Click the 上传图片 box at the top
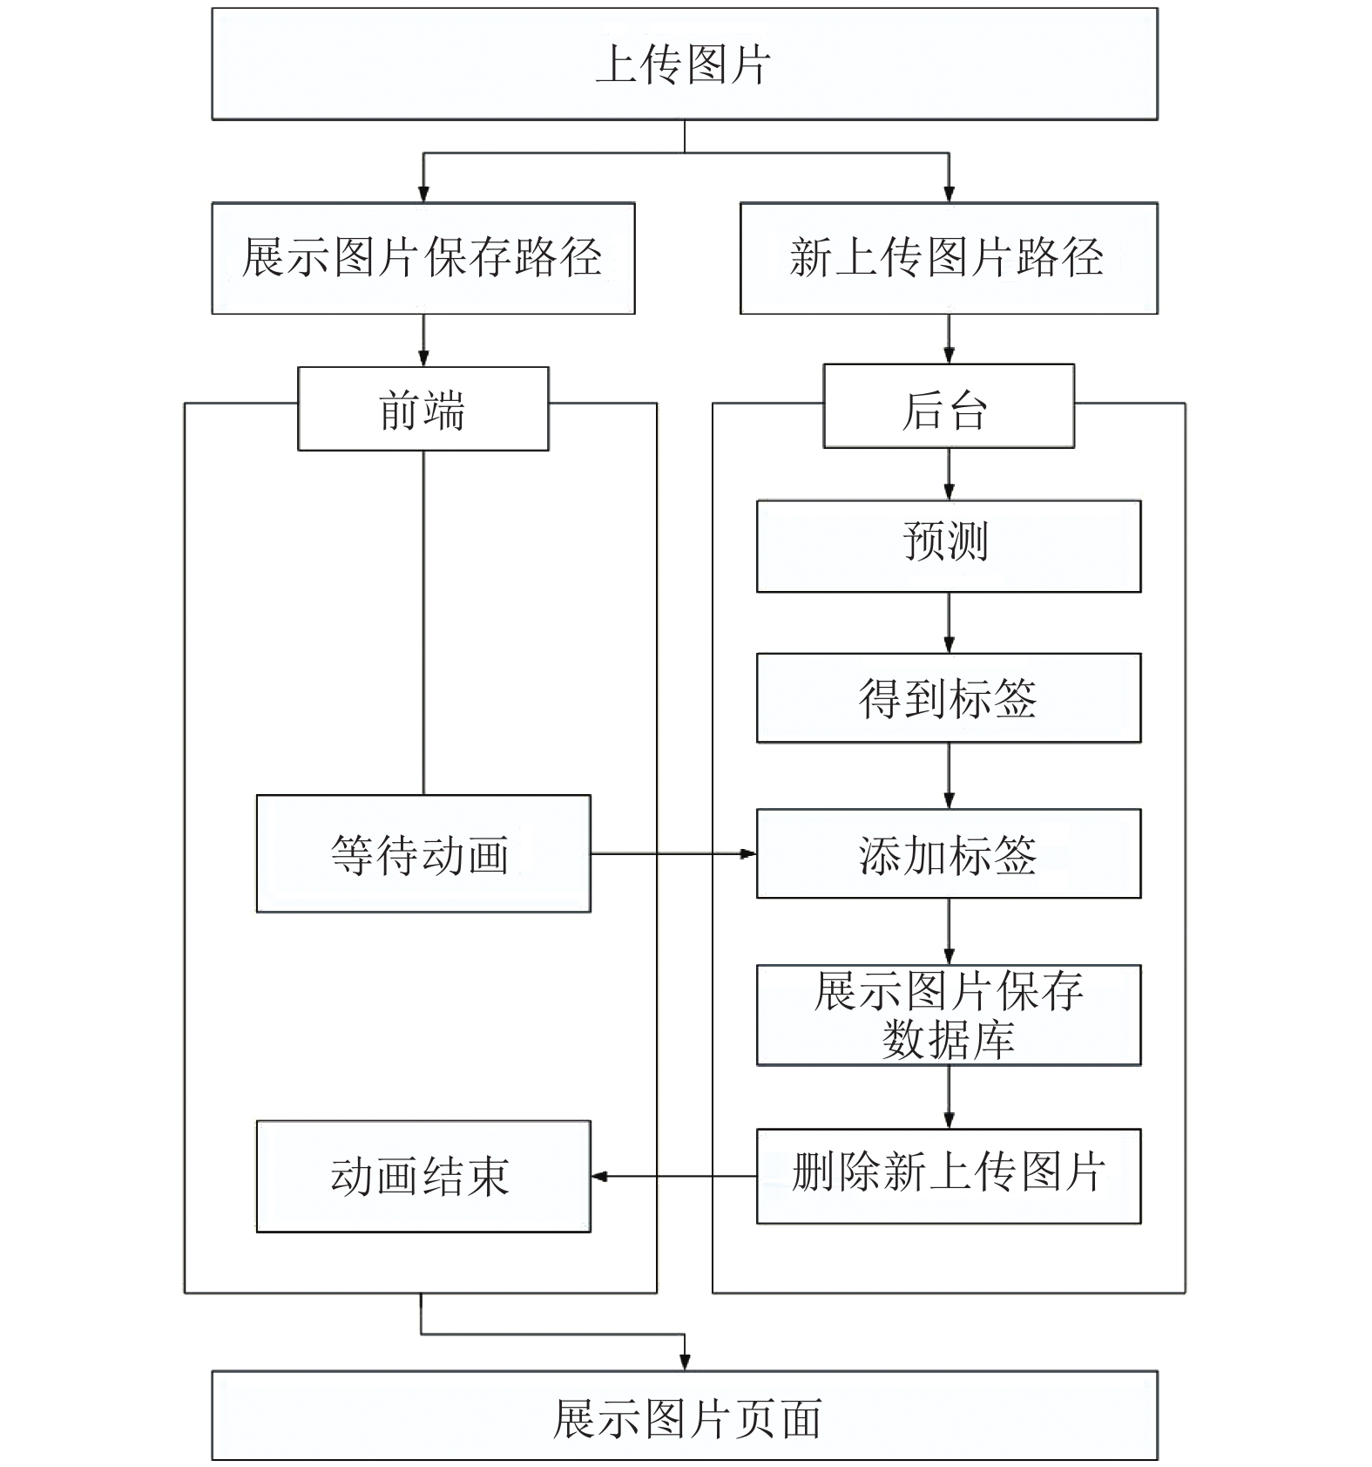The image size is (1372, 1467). [x=685, y=64]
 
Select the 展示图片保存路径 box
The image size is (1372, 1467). [x=423, y=258]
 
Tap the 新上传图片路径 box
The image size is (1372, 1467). [x=949, y=258]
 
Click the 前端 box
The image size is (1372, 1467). [x=423, y=409]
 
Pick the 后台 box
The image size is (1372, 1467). [x=949, y=406]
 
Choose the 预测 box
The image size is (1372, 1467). [x=949, y=547]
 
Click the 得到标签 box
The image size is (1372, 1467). [x=949, y=698]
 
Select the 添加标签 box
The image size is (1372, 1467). [x=949, y=853]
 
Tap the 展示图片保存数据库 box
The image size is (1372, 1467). [x=949, y=1015]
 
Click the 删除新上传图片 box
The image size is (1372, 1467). [x=949, y=1176]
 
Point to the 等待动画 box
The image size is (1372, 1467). [x=423, y=853]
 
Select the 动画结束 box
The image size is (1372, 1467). [x=423, y=1176]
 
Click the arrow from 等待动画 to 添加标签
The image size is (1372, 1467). [x=673, y=854]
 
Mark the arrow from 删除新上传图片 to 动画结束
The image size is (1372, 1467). [x=673, y=1177]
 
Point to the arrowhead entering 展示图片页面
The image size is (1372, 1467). [x=685, y=1363]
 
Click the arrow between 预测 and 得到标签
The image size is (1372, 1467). [x=949, y=623]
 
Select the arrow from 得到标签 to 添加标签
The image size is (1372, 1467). [x=949, y=776]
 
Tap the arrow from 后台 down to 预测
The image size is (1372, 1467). [x=949, y=474]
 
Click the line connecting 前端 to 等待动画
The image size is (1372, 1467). [x=423, y=622]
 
